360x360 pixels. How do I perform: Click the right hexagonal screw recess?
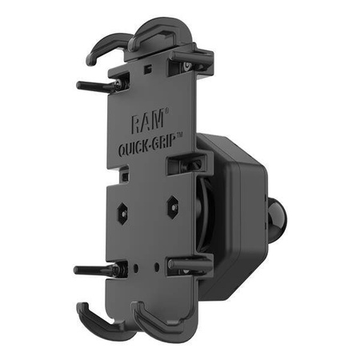point(172,206)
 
